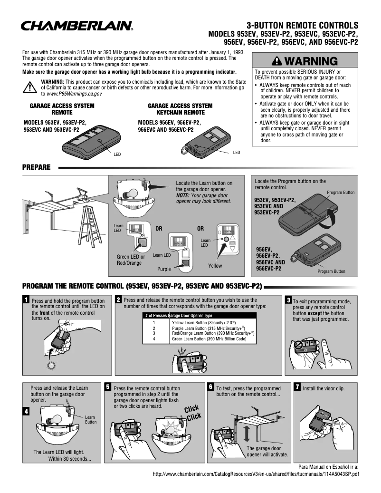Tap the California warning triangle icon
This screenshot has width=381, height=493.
point(29,87)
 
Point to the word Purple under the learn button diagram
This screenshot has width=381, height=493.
point(164,269)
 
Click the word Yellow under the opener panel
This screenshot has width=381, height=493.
point(215,266)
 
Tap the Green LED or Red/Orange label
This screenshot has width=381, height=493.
point(131,260)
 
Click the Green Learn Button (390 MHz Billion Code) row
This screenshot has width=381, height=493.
point(209,339)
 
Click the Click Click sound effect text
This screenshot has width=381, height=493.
point(192,413)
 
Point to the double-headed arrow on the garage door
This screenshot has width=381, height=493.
point(247,434)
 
